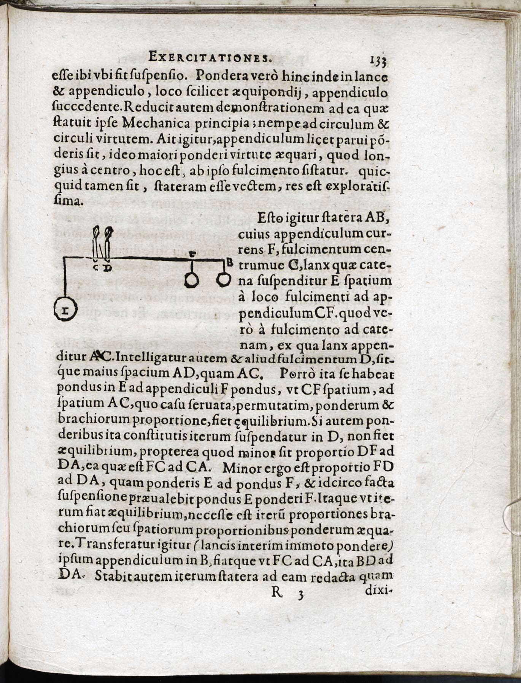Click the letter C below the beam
tap(96, 268)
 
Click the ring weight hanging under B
tap(224, 280)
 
